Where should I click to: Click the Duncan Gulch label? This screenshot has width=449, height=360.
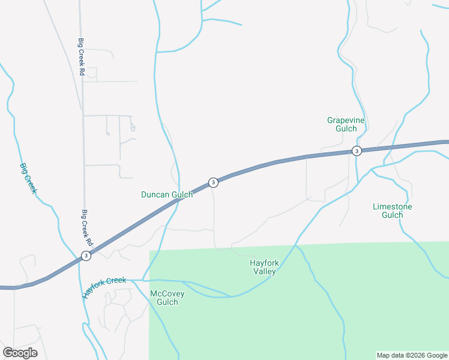tap(167, 194)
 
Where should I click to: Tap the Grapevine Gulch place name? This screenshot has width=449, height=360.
tap(346, 124)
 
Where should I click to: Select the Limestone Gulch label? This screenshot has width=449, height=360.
tap(392, 211)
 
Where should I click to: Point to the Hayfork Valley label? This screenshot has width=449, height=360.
tap(264, 267)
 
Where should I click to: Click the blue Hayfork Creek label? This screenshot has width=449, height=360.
tap(104, 288)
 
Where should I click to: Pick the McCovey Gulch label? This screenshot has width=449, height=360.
tap(167, 298)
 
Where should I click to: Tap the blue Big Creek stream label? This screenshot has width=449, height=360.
tap(29, 179)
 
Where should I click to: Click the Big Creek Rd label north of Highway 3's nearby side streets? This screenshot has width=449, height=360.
tap(81, 57)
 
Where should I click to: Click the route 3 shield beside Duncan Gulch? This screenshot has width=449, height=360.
tap(212, 182)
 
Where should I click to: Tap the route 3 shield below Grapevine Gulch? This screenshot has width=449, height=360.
tap(357, 151)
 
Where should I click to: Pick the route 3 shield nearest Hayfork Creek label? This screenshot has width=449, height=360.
tap(86, 256)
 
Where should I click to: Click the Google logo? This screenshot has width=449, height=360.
tap(20, 353)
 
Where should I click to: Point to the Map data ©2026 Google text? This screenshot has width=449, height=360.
tap(411, 355)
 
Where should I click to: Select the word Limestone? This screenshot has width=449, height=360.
tap(392, 206)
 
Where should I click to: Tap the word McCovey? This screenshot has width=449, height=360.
tap(167, 293)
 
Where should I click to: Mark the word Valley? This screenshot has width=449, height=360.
tap(264, 271)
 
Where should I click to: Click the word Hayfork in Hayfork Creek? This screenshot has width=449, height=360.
tap(96, 291)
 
